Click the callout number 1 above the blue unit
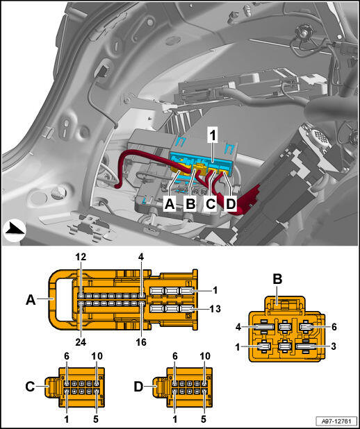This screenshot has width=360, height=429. tap(212, 136)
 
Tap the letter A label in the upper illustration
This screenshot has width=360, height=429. tap(170, 204)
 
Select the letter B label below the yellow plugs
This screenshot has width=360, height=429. tap(190, 204)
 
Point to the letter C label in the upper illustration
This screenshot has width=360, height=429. tap(211, 204)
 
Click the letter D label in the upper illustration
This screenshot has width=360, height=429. tap(231, 204)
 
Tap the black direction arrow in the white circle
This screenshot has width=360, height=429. tap(15, 228)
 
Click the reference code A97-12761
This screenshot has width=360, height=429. tap(336, 420)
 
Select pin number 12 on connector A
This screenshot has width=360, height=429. tap(81, 257)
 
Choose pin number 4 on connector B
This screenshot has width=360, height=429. tap(239, 327)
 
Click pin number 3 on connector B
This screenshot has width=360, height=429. tap(333, 347)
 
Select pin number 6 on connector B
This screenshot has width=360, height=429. tap(334, 327)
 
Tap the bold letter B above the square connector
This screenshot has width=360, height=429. tap(277, 280)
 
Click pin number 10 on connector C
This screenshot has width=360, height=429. tap(97, 356)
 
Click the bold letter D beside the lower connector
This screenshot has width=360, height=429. tap(139, 387)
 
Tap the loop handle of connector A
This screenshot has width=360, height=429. tap(53, 300)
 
